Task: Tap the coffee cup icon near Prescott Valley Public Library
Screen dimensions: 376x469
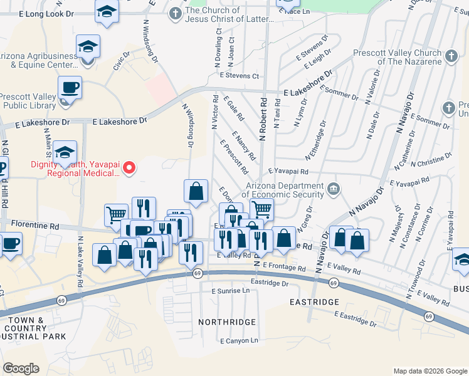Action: pyautogui.click(x=70, y=87)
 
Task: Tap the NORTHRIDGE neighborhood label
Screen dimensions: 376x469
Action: pyautogui.click(x=227, y=322)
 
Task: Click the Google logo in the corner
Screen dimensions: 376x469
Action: pyautogui.click(x=21, y=368)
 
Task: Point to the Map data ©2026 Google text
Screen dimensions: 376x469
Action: pyautogui.click(x=429, y=370)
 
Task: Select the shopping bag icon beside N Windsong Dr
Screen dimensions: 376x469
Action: pyautogui.click(x=196, y=191)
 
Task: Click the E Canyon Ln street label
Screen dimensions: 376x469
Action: pyautogui.click(x=239, y=341)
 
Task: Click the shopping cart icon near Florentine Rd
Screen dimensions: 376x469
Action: pyautogui.click(x=115, y=215)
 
